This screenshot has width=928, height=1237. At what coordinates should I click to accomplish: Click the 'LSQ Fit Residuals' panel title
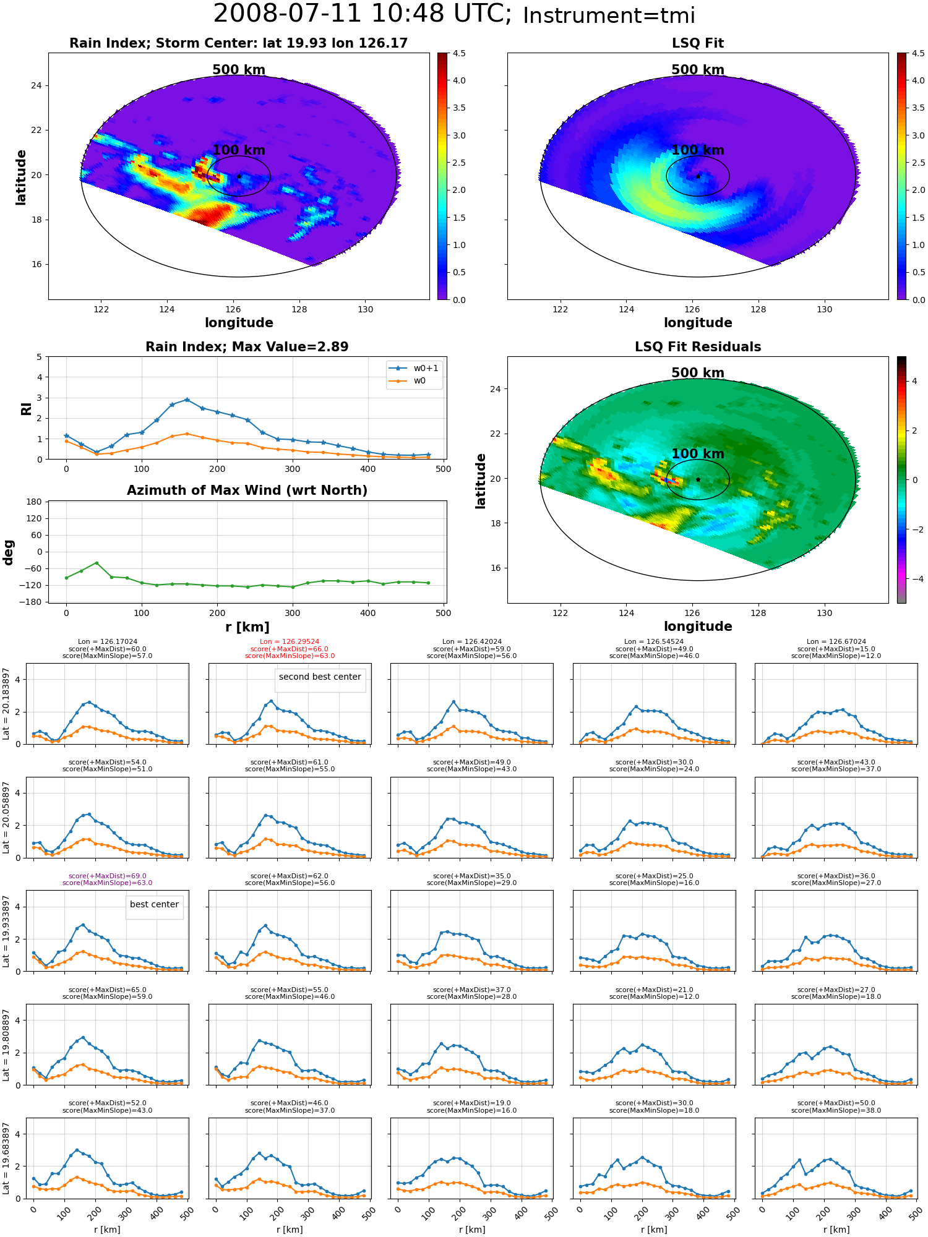(x=698, y=347)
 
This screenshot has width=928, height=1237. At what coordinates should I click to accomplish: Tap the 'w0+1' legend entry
(x=414, y=368)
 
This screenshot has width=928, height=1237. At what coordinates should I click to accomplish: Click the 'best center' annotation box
(x=154, y=904)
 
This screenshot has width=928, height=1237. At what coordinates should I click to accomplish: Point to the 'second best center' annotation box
(x=320, y=677)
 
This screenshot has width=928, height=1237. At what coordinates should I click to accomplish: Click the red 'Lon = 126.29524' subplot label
(x=290, y=642)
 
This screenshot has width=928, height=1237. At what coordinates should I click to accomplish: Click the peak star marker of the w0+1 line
(x=187, y=400)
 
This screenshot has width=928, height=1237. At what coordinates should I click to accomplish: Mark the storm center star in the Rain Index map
(x=239, y=176)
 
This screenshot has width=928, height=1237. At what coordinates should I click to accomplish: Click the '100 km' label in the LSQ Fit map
(x=698, y=150)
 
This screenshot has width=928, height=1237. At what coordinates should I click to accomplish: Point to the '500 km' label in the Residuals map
(x=698, y=373)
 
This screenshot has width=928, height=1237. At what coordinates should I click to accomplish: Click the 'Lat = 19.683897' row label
(x=6, y=1158)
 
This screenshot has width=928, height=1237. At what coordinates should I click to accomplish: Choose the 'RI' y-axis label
(x=26, y=408)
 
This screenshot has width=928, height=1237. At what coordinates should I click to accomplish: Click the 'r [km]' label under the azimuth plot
(x=247, y=627)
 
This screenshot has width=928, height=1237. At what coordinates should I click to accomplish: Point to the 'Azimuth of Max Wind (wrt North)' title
(x=247, y=490)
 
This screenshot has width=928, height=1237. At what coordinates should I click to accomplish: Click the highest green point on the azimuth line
(x=97, y=563)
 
